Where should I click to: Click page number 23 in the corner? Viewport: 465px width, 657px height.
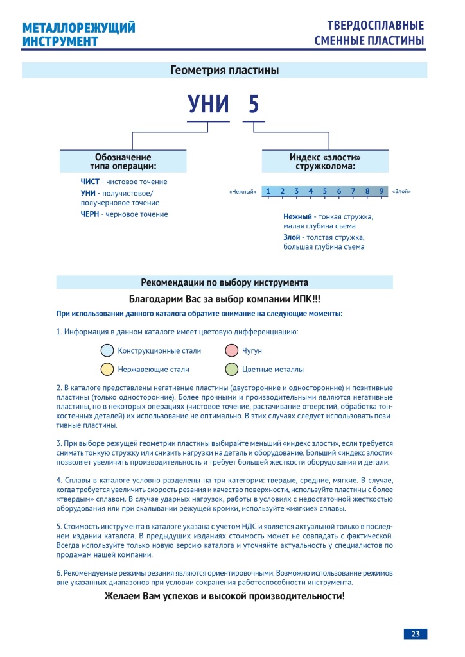(x=416, y=634)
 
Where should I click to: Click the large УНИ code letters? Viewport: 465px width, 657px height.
(x=208, y=105)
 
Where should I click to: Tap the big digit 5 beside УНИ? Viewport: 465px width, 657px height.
(x=253, y=105)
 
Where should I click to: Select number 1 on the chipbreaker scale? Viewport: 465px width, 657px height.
(x=267, y=191)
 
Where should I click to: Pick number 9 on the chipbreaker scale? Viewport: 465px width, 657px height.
(x=381, y=191)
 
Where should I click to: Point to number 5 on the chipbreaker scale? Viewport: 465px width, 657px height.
(x=324, y=191)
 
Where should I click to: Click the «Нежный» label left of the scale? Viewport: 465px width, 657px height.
(x=243, y=192)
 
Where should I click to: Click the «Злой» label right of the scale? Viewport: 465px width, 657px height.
(x=401, y=192)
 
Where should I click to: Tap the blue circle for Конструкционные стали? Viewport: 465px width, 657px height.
(x=107, y=351)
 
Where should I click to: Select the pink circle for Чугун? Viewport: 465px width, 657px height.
(x=232, y=351)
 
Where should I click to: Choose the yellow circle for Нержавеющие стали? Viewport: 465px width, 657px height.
(x=107, y=370)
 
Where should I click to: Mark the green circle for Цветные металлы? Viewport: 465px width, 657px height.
(x=232, y=370)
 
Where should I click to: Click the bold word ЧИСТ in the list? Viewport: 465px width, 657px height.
(x=90, y=182)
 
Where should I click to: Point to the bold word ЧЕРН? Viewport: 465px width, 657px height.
(x=90, y=214)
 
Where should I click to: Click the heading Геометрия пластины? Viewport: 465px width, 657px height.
(x=224, y=70)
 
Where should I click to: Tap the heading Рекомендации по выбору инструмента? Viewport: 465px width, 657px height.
(x=224, y=282)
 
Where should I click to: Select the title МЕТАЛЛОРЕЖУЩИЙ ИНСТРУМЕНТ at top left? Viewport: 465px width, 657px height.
(x=78, y=35)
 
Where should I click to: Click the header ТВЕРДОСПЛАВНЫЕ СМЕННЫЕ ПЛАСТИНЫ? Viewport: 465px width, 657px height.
(x=369, y=33)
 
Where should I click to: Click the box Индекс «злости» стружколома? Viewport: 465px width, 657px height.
(x=325, y=161)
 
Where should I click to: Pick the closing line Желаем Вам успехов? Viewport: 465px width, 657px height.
(x=224, y=596)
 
